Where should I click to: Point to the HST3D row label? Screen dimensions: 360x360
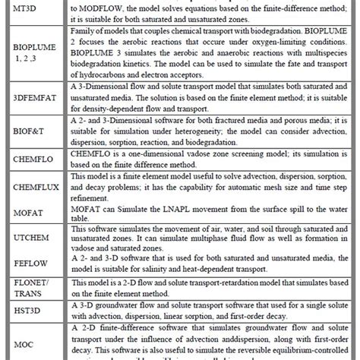point(28,311)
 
